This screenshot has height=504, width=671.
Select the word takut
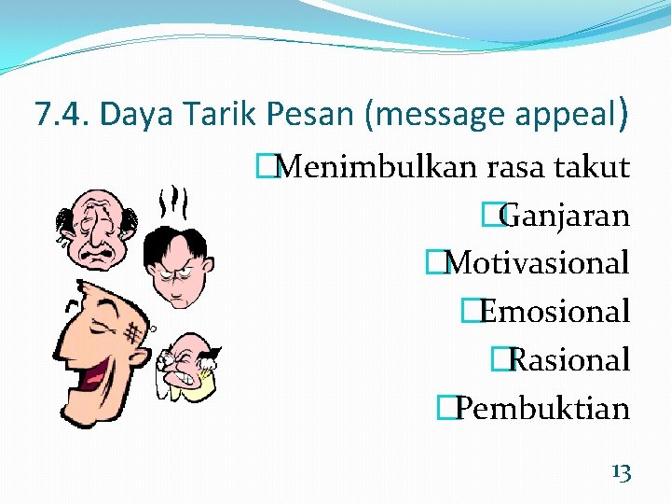pyautogui.click(x=592, y=168)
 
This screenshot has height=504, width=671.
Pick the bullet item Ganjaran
pyautogui.click(x=565, y=216)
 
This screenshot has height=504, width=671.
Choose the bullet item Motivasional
pyautogui.click(x=537, y=263)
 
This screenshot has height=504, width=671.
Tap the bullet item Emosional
pyautogui.click(x=555, y=311)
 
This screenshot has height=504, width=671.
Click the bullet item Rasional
pyautogui.click(x=570, y=359)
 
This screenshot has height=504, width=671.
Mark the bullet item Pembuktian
pyautogui.click(x=542, y=408)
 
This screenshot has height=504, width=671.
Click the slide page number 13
pyautogui.click(x=621, y=472)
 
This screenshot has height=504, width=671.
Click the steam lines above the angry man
pyautogui.click(x=173, y=201)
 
